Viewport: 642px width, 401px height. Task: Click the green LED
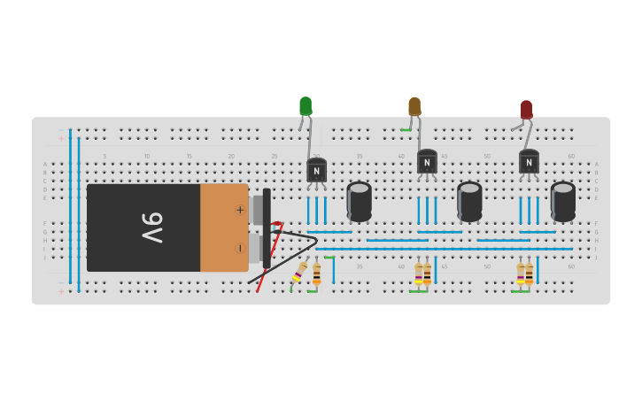point(306,106)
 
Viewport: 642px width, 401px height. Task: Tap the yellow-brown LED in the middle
point(414,106)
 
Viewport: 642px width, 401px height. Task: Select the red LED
point(526,110)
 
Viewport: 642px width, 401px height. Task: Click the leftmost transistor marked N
point(316,170)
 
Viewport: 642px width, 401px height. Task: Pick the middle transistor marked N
point(427,162)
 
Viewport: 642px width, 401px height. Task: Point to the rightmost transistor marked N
point(529,162)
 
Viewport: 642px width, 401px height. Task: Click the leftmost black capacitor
point(359,201)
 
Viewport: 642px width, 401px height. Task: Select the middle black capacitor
point(469,201)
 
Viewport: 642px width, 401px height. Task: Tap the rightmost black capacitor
point(562,201)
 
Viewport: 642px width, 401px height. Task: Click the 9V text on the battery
point(151,227)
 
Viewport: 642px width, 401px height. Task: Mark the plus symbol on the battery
point(239,210)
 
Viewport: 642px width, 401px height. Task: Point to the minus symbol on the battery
point(239,248)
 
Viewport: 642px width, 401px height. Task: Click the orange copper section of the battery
point(223,227)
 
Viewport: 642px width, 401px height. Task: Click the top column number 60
point(571,156)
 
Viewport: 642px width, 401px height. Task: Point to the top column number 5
point(104,156)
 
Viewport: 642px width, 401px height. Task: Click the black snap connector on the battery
point(267,227)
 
